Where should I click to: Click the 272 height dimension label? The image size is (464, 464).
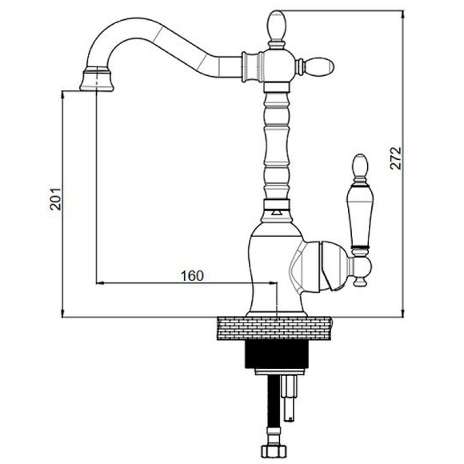coord(396,158)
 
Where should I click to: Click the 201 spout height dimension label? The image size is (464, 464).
coord(55,199)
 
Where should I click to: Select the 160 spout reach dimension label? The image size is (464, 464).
coord(192,276)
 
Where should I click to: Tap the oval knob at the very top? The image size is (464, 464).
coord(277,24)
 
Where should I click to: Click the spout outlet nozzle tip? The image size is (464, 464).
coord(97,79)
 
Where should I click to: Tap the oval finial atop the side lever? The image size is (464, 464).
coord(361,165)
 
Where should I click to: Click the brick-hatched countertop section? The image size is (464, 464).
coord(274,328)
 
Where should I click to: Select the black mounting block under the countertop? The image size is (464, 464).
coord(277,354)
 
